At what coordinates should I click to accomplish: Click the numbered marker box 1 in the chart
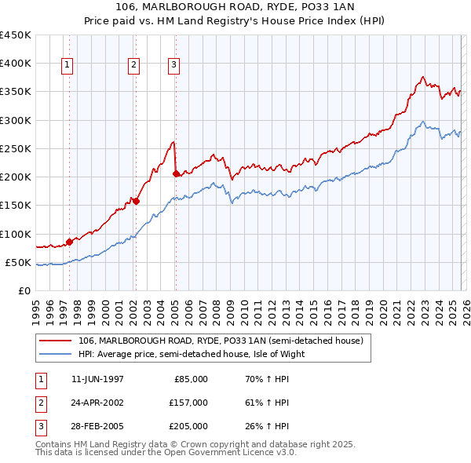pyautogui.click(x=68, y=65)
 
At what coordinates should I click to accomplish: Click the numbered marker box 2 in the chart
pyautogui.click(x=134, y=65)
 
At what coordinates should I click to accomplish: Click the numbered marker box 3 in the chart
pyautogui.click(x=173, y=65)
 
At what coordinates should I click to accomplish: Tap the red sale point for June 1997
pyautogui.click(x=69, y=242)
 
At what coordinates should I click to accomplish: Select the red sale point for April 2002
pyautogui.click(x=136, y=201)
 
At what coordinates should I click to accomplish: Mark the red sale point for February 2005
pyautogui.click(x=175, y=173)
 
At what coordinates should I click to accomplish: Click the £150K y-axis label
pyautogui.click(x=16, y=206)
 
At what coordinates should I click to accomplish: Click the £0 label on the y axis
pyautogui.click(x=24, y=290)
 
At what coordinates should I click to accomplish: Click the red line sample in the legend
pyautogui.click(x=56, y=341)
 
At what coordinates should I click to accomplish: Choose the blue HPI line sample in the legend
pyautogui.click(x=56, y=354)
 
